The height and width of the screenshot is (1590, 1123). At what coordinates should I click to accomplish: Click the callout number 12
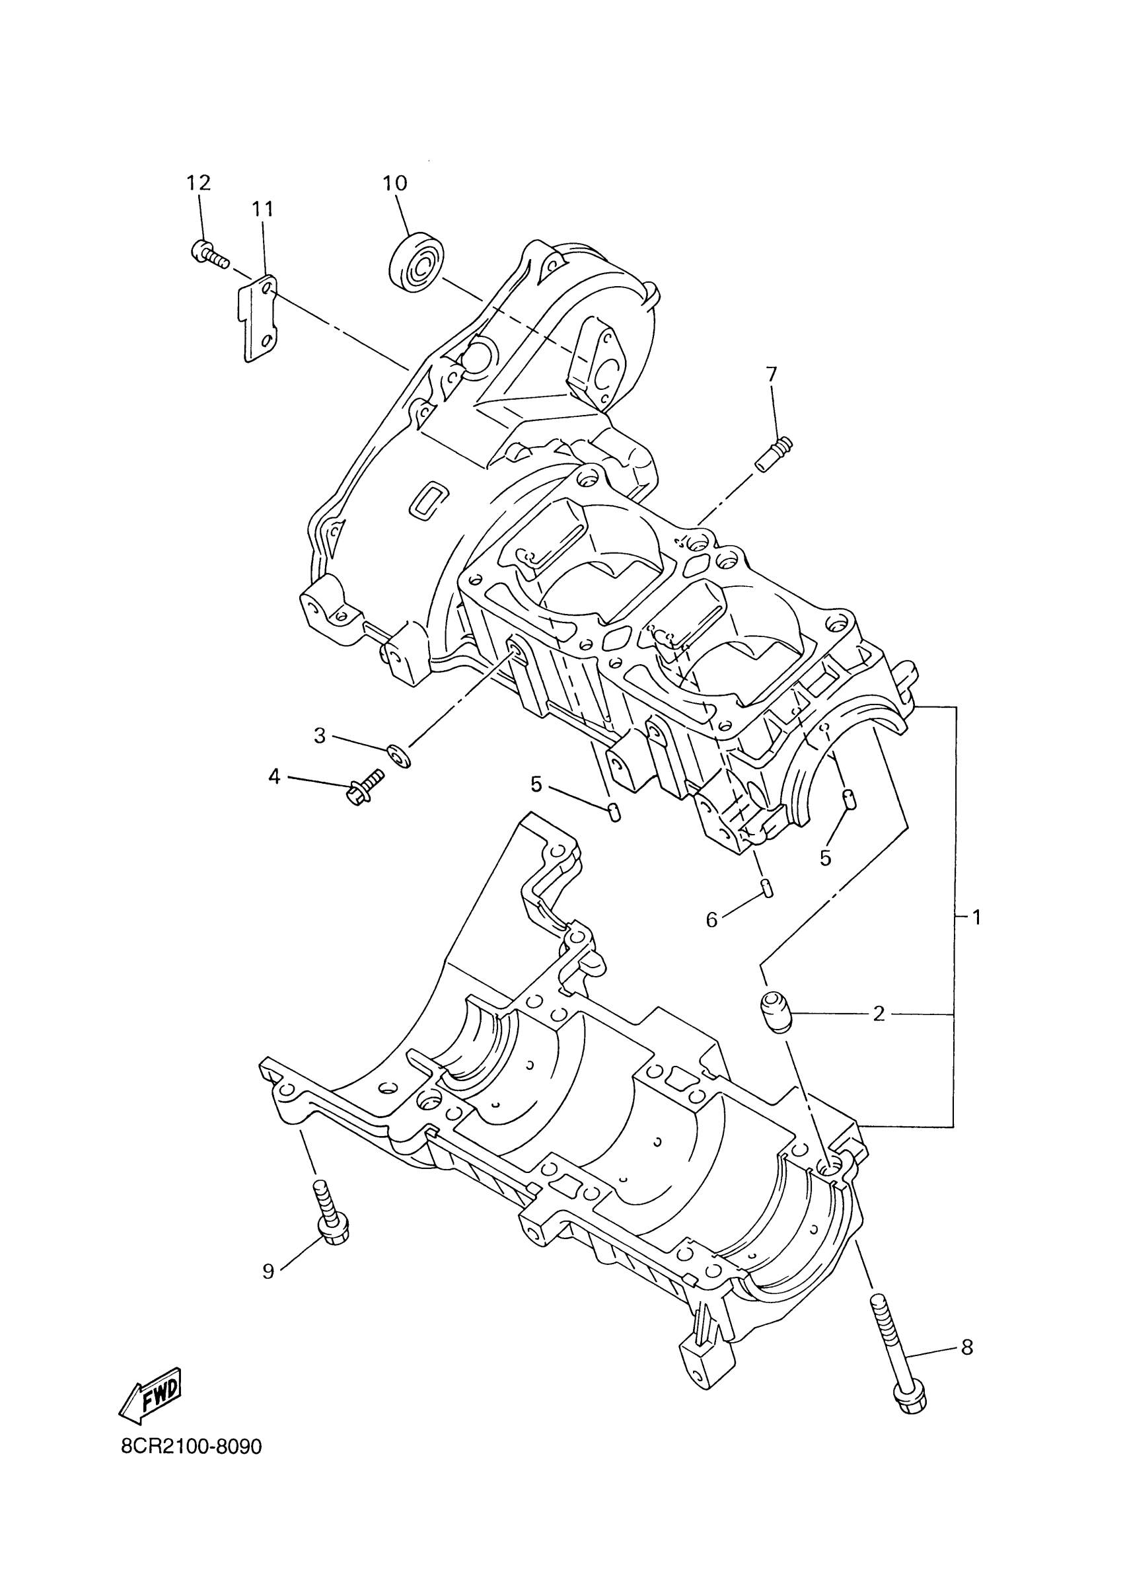pos(198,183)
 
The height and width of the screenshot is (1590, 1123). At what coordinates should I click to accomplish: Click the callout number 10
pos(395,183)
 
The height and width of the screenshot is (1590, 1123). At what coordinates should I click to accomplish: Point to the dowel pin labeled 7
pos(774,453)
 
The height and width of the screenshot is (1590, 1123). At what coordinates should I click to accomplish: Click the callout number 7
pos(772,375)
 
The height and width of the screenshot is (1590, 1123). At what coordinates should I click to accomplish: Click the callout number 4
pos(275,777)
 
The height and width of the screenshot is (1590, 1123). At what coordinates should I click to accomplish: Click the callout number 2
pos(879,1014)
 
